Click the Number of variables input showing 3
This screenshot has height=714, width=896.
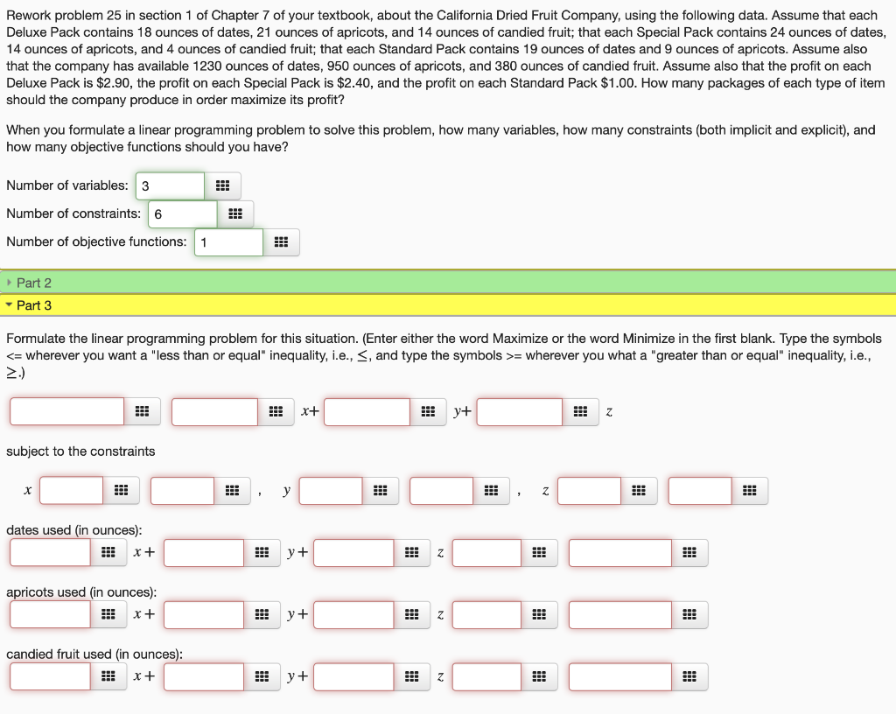click(170, 185)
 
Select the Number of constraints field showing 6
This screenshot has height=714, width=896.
click(182, 214)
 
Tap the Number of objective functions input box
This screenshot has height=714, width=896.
click(227, 242)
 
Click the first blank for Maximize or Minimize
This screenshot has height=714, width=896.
click(67, 412)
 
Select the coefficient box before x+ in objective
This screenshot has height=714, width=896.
click(214, 412)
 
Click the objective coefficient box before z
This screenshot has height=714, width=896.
click(519, 412)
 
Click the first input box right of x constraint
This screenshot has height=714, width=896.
click(71, 491)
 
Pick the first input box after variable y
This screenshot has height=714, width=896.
click(331, 491)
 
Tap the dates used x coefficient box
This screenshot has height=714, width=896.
click(50, 553)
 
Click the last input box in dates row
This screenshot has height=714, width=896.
click(620, 553)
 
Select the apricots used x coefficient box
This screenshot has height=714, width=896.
click(50, 615)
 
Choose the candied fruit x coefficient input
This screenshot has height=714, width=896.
click(50, 676)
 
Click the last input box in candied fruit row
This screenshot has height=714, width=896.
click(620, 676)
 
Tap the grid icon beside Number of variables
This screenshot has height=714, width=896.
click(222, 185)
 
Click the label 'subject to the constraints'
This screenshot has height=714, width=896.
click(80, 451)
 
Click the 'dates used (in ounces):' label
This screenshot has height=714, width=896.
click(74, 530)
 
